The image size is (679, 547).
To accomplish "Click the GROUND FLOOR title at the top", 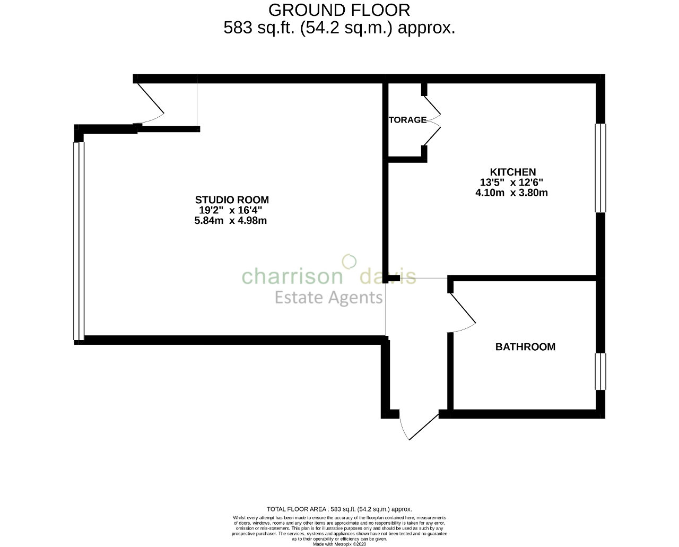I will tap(339, 10).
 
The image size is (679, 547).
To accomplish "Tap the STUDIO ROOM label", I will tap(232, 200).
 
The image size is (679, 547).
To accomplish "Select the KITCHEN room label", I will tap(512, 172).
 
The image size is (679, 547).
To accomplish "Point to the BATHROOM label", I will tap(525, 347).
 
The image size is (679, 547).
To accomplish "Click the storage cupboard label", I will tap(407, 120).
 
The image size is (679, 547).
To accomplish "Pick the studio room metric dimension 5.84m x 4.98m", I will tap(231, 221).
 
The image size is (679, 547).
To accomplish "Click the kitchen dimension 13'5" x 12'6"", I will tap(512, 183).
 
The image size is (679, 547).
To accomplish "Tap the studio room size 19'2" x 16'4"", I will tap(231, 210).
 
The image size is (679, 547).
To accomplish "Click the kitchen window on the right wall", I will tap(600, 168).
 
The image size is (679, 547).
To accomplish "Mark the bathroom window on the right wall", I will tap(600, 371).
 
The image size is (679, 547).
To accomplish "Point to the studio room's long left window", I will tap(79, 241).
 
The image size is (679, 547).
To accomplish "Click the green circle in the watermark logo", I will tap(349, 261).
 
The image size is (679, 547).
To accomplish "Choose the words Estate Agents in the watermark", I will tap(328, 298).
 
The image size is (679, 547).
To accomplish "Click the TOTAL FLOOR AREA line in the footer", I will tap(339, 509).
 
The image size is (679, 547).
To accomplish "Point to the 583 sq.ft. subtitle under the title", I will tap(339, 28).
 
